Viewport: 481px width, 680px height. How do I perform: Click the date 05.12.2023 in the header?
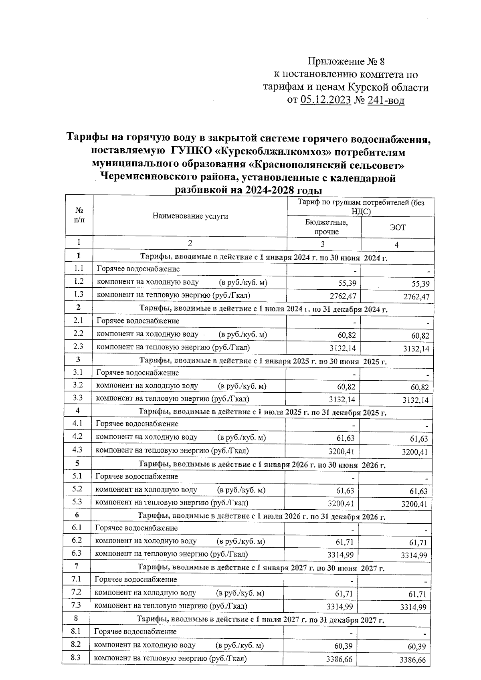[x=325, y=100]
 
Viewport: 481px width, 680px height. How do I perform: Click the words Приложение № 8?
[x=346, y=61]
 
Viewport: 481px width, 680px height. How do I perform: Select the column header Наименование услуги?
[x=190, y=216]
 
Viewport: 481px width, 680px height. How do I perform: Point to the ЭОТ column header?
[x=398, y=227]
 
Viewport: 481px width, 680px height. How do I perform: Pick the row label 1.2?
[x=79, y=281]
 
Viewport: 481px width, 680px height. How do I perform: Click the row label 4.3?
[x=77, y=450]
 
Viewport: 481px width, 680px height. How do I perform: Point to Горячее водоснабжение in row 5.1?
[x=136, y=476]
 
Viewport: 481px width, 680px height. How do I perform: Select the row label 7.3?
[x=76, y=605]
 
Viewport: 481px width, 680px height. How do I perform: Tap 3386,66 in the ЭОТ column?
[x=412, y=660]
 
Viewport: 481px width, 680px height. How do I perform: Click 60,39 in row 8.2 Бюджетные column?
[x=344, y=646]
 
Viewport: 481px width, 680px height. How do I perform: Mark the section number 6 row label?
[x=77, y=515]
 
